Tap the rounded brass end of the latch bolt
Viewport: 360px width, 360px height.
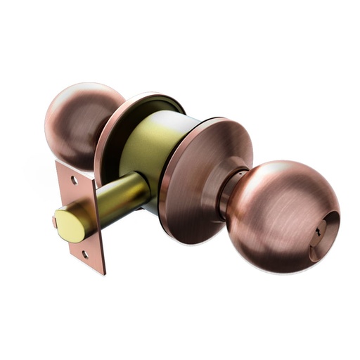[x=67, y=224]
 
